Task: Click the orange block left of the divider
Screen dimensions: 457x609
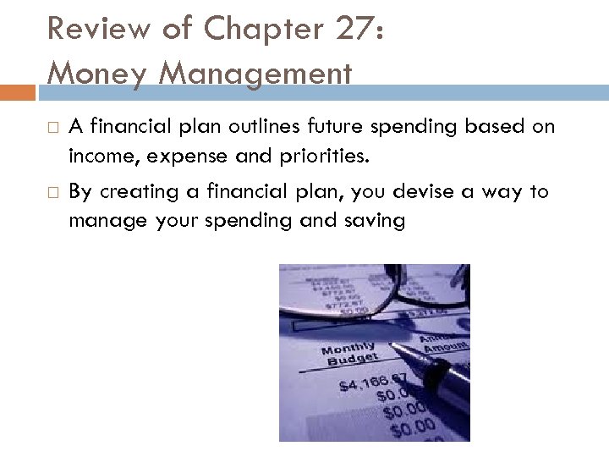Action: [x=18, y=92]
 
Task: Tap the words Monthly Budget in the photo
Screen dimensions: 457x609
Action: [x=348, y=355]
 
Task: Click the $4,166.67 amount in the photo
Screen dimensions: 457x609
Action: [x=373, y=383]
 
